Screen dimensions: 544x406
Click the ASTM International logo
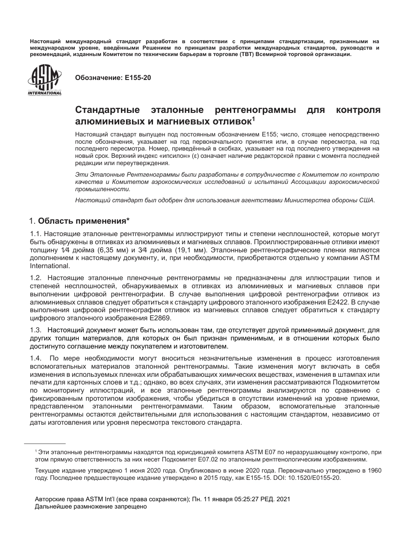(44, 80)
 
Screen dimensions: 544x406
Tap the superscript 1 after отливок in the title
(253, 118)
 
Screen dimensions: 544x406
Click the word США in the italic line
(367, 200)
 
